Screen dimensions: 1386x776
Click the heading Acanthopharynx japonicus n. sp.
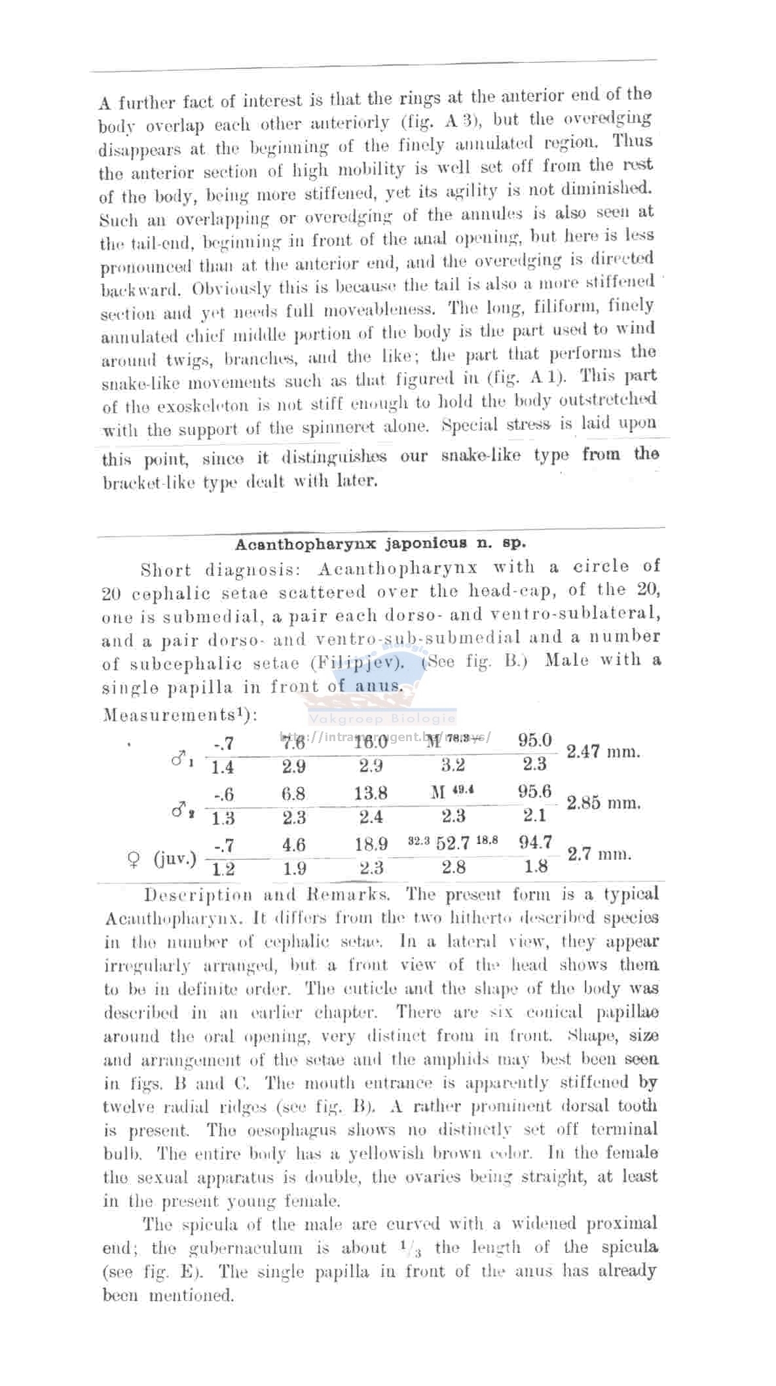click(x=380, y=544)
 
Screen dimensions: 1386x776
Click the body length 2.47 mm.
click(x=603, y=752)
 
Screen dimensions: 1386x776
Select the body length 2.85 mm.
click(x=603, y=803)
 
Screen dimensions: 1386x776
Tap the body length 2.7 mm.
click(x=599, y=855)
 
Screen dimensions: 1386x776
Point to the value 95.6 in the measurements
click(x=534, y=792)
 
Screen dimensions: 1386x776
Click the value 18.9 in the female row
click(x=371, y=844)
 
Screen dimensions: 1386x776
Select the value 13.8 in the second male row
click(x=371, y=793)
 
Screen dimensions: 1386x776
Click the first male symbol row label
click(x=181, y=760)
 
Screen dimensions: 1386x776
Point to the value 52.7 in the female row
click(x=453, y=843)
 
